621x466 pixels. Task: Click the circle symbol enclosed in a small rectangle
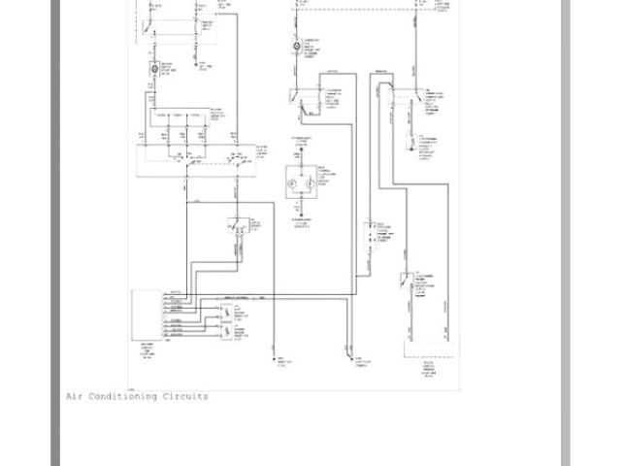[154, 71]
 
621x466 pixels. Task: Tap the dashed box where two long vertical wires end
[428, 350]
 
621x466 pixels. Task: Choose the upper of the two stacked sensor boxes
[233, 312]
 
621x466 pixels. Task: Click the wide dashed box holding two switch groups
[194, 160]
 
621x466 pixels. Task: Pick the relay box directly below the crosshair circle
[307, 97]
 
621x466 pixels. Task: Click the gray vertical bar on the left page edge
[56, 233]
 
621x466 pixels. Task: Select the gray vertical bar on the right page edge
[566, 233]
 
